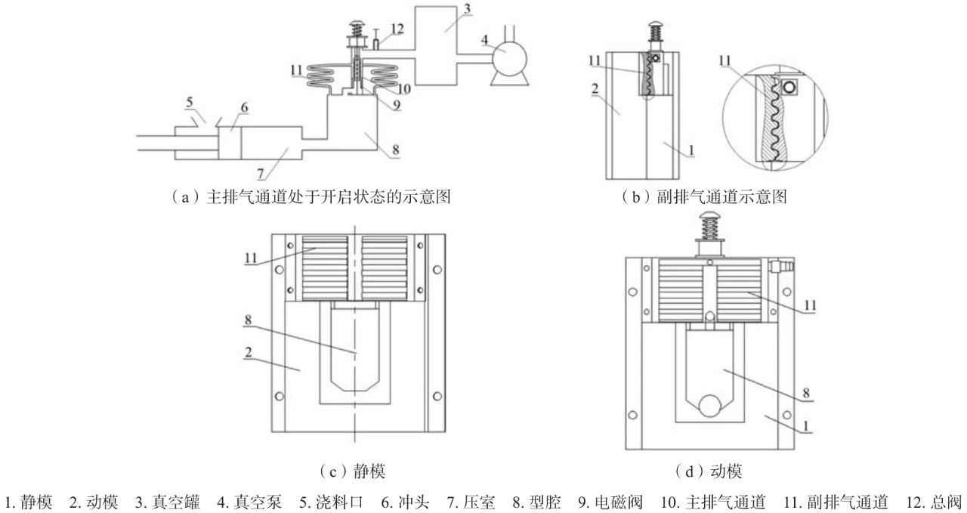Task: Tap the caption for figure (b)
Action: [703, 199]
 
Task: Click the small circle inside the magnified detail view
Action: [790, 87]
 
